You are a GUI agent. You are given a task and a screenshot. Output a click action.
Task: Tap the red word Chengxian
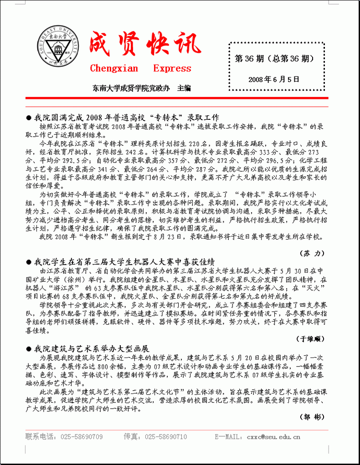tap(113, 69)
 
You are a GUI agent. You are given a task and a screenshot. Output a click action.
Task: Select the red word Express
tap(172, 69)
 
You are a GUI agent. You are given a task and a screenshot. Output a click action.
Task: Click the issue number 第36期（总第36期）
tap(274, 59)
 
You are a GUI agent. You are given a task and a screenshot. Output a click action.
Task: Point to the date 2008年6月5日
tap(274, 79)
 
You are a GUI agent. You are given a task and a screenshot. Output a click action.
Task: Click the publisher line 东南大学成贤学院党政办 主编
tap(141, 88)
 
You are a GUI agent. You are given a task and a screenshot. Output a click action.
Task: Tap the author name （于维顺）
tap(312, 339)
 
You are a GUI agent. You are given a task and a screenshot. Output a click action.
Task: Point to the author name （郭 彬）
tap(312, 417)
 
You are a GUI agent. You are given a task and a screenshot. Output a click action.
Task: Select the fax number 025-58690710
tap(166, 437)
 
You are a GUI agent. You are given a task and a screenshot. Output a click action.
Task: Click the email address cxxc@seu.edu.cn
tap(273, 437)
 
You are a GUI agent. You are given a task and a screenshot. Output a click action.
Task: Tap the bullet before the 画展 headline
tap(28, 349)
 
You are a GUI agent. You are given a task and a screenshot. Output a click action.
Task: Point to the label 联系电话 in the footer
tap(39, 437)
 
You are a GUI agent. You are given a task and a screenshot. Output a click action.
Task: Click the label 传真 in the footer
tap(130, 437)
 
